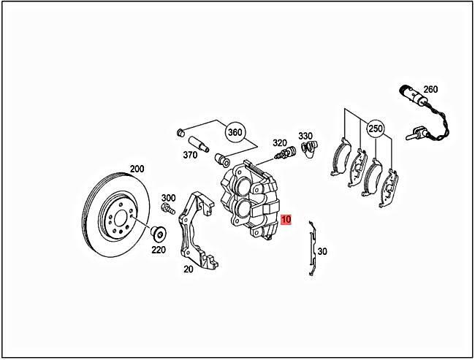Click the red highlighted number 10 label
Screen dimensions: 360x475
286,219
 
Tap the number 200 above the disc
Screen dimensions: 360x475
137,169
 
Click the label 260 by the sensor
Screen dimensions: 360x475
430,90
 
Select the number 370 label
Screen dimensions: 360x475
190,155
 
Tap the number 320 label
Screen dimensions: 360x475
280,143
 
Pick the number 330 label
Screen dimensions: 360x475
305,136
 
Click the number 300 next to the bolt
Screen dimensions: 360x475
168,198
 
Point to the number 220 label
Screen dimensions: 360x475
158,249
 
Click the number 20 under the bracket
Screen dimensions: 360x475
188,269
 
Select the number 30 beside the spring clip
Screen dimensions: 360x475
323,251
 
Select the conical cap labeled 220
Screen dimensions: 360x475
157,234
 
